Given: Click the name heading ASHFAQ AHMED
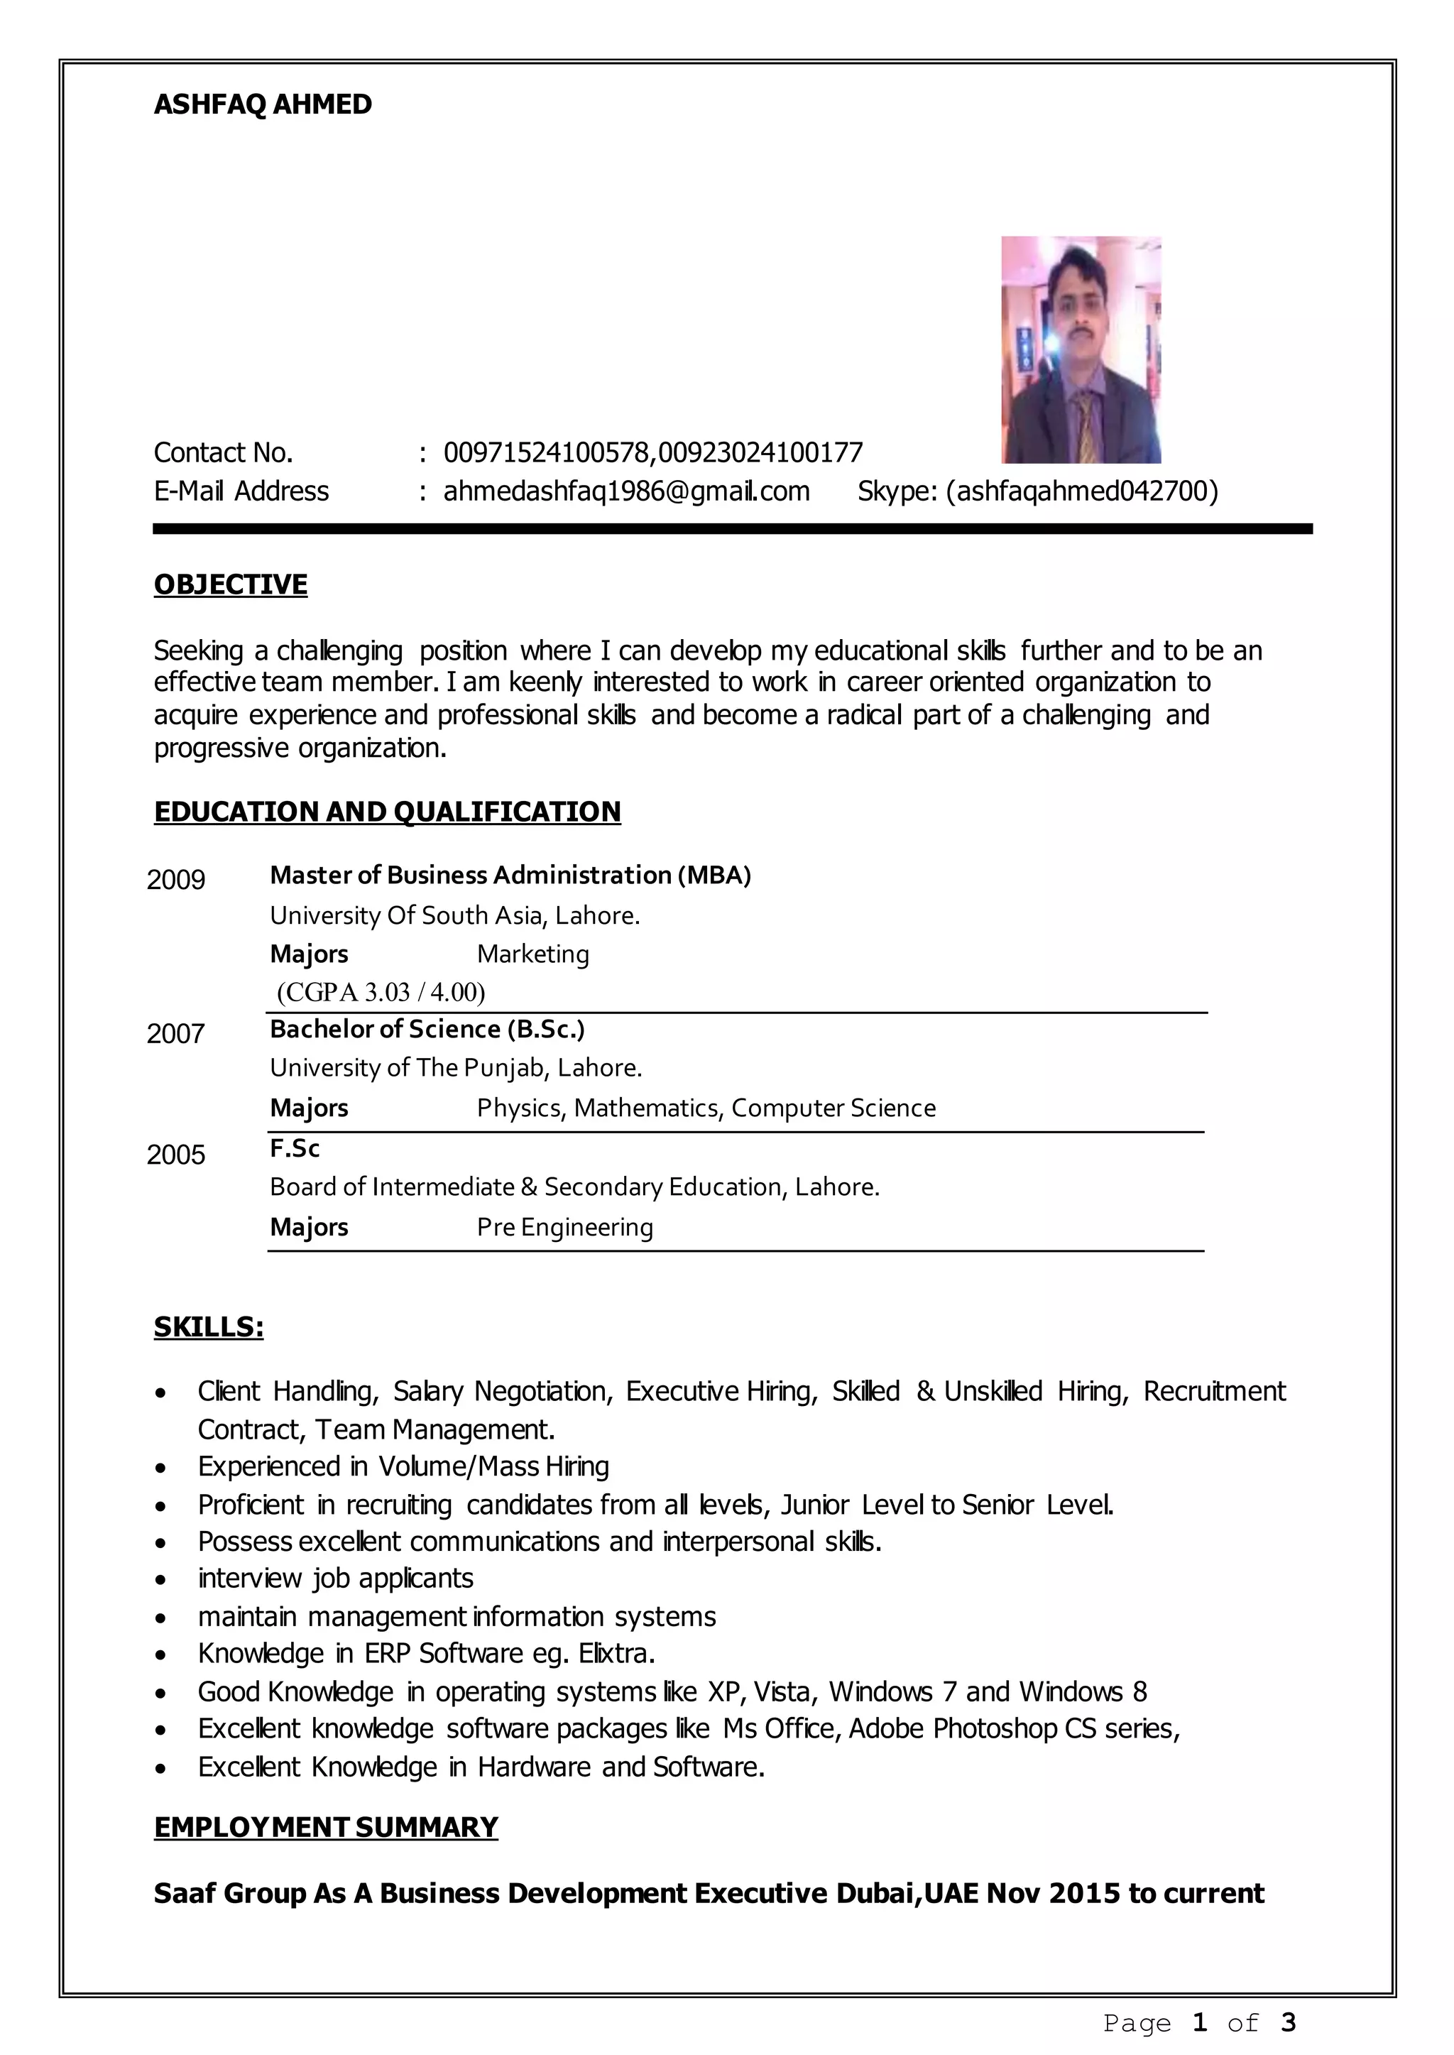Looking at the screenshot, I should click(x=262, y=105).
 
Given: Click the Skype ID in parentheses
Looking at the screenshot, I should click(x=1081, y=491).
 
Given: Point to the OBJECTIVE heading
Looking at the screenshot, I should click(x=230, y=584).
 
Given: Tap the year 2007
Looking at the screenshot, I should click(x=175, y=1034).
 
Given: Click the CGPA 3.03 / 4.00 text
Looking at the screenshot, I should click(x=381, y=992).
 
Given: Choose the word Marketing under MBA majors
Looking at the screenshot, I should click(x=532, y=954).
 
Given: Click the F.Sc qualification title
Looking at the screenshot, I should click(x=295, y=1149).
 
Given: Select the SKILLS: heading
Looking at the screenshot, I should click(x=209, y=1327).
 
